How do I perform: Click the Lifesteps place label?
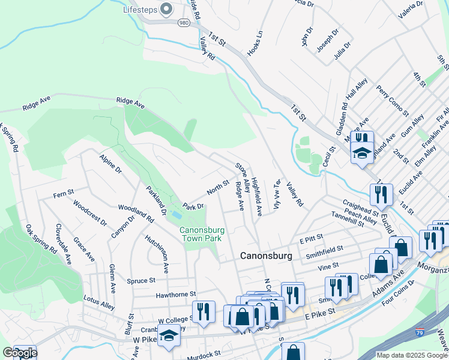point(139,10)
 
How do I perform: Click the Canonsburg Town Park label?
point(202,234)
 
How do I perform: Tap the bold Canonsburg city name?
point(266,256)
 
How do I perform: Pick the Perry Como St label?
point(392,100)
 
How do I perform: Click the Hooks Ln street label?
point(256,43)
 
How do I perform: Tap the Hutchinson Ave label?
point(158,251)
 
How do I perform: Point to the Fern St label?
point(63,194)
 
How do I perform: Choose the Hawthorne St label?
point(176,294)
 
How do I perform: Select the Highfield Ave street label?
point(256,197)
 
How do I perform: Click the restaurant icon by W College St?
point(203,311)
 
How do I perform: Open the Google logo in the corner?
point(19,353)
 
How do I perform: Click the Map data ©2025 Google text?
point(412,355)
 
